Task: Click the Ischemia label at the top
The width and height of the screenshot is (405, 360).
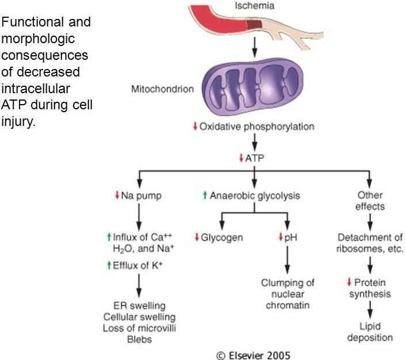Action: click(254, 6)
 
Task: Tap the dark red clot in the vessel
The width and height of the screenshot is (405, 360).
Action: click(254, 25)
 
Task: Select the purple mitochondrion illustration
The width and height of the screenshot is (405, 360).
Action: click(253, 87)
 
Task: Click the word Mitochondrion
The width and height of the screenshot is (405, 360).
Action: click(162, 89)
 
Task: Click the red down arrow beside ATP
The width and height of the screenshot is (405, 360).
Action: click(241, 158)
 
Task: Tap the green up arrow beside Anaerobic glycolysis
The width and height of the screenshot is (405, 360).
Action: click(205, 195)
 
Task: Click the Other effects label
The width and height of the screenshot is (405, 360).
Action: click(370, 201)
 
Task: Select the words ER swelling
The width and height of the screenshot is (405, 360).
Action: click(139, 306)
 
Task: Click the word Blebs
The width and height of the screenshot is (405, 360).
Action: click(139, 339)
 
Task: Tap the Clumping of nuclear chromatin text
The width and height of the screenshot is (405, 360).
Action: click(288, 294)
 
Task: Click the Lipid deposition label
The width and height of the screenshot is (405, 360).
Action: click(370, 332)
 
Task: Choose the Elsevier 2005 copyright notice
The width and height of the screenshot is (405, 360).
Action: click(253, 355)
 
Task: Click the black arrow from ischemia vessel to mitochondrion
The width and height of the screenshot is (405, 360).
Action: click(254, 47)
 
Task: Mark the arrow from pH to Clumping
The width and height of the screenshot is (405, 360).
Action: click(287, 260)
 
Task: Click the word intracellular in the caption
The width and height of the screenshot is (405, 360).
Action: click(36, 89)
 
